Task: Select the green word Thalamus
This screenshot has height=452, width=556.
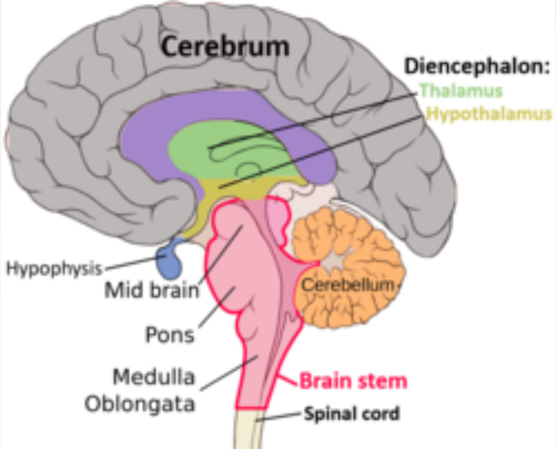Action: pyautogui.click(x=461, y=91)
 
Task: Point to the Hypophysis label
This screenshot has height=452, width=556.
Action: pyautogui.click(x=54, y=268)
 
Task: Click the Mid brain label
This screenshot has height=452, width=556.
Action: pyautogui.click(x=152, y=290)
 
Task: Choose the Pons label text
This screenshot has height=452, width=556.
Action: pyautogui.click(x=170, y=334)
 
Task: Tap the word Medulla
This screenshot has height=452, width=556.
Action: pyautogui.click(x=154, y=377)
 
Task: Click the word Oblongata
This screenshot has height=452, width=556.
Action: pyautogui.click(x=140, y=404)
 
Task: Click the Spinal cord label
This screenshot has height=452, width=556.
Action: pyautogui.click(x=352, y=414)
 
